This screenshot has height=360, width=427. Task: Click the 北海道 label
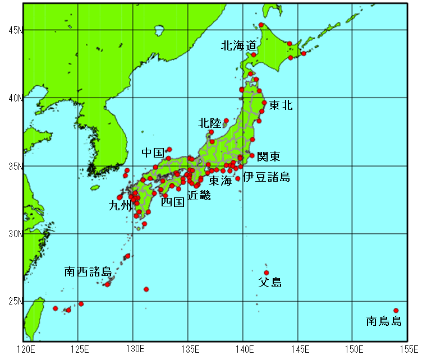tap(239, 45)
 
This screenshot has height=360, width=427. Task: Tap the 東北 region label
tap(281, 105)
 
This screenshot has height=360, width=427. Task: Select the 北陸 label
tap(210, 123)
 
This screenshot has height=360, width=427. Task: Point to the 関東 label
tap(268, 156)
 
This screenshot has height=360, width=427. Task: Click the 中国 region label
tap(153, 153)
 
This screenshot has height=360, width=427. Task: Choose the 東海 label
tap(220, 181)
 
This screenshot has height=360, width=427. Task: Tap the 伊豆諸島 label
tap(267, 178)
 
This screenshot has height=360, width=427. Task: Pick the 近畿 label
tap(199, 196)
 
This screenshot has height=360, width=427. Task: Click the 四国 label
tap(172, 202)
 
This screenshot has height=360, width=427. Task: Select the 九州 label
tap(120, 206)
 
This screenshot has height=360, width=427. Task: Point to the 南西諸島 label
tap(88, 272)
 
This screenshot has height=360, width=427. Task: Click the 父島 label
tap(269, 282)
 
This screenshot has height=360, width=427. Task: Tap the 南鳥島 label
tap(384, 321)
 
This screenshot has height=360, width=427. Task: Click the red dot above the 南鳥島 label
tap(396, 311)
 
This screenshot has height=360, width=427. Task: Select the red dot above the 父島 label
tap(266, 273)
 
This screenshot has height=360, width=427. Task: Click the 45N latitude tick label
tap(14, 30)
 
